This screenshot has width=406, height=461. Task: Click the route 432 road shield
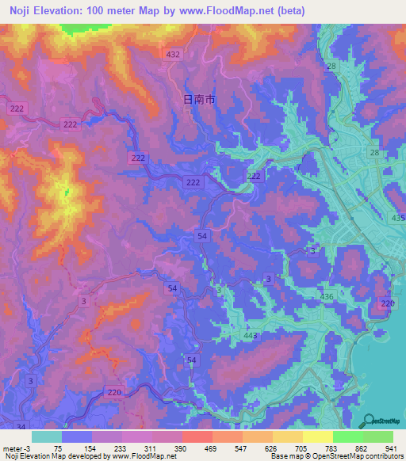(x=174, y=53)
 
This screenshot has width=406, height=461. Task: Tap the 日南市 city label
(x=199, y=100)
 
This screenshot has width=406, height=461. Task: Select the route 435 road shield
(x=397, y=218)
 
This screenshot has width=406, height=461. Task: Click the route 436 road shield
(x=326, y=296)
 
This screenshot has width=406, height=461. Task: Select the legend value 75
(x=59, y=448)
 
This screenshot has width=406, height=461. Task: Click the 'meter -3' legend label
(x=15, y=448)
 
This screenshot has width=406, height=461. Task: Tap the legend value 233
(x=121, y=448)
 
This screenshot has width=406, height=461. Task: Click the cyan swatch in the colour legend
(x=47, y=436)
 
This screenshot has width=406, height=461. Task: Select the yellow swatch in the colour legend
(x=317, y=436)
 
